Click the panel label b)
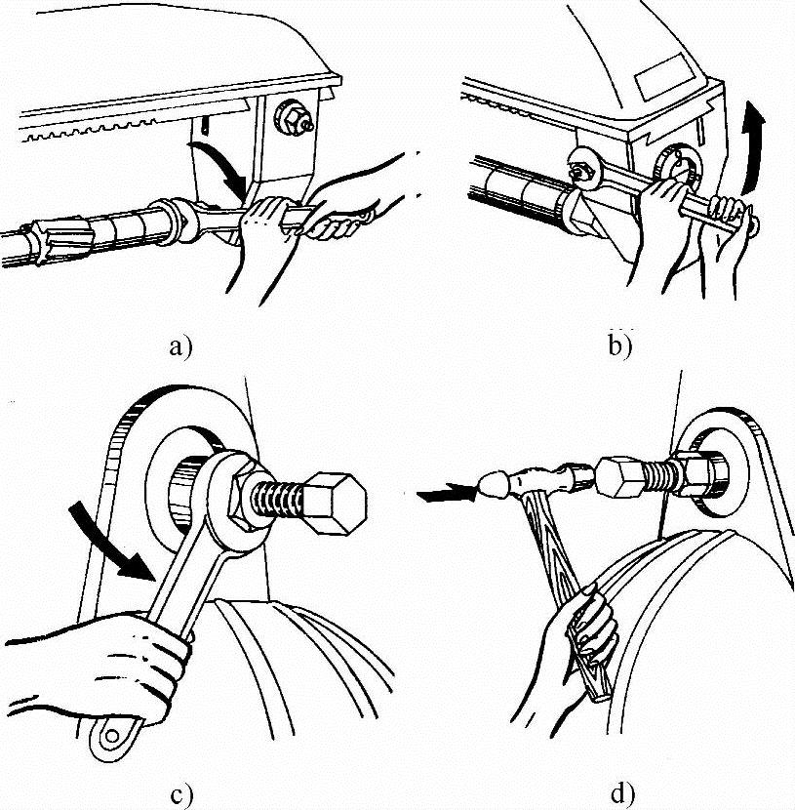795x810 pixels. click(x=620, y=344)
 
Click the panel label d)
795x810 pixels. click(x=621, y=792)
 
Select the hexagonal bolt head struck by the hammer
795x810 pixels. click(x=620, y=479)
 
